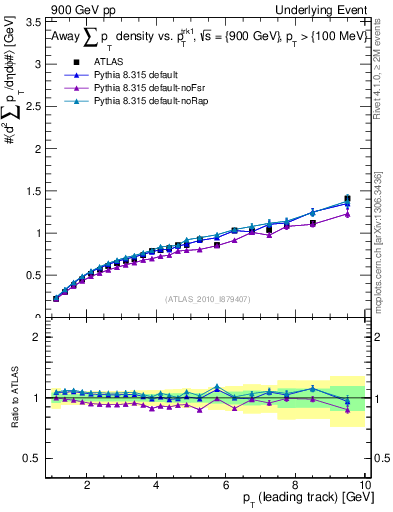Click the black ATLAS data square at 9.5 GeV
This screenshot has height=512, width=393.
click(x=347, y=198)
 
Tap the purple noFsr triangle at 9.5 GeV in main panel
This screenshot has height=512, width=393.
click(x=347, y=214)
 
